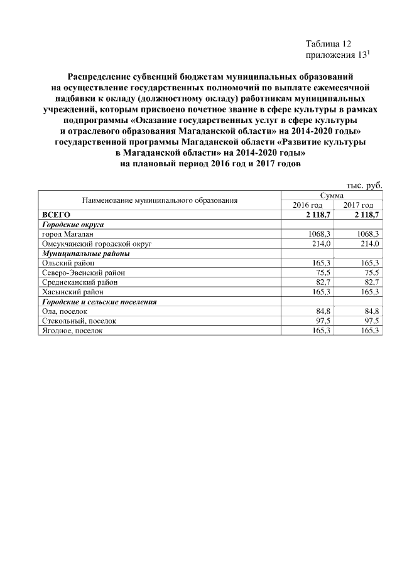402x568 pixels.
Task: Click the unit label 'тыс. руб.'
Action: click(364, 185)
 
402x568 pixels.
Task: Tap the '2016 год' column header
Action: click(308, 205)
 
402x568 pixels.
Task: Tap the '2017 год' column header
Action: click(358, 205)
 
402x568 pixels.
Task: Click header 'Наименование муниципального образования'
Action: click(159, 201)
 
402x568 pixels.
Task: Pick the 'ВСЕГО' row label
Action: click(56, 215)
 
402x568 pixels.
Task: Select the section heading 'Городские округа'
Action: click(72, 224)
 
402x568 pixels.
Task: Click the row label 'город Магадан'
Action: click(67, 233)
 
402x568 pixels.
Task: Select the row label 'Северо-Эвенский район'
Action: click(83, 272)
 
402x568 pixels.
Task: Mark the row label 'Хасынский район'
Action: click(72, 292)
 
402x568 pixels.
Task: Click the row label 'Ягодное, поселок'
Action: click(72, 331)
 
